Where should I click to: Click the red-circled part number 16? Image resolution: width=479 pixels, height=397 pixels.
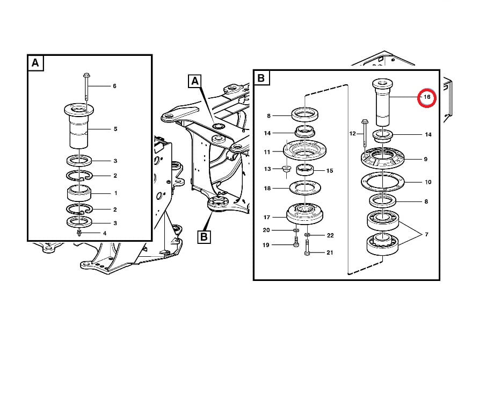coord(427,97)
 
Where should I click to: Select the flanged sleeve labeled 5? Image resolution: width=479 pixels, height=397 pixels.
coord(79,125)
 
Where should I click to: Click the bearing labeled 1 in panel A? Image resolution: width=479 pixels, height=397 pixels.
coord(79,193)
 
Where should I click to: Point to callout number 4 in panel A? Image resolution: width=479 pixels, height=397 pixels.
coord(105,233)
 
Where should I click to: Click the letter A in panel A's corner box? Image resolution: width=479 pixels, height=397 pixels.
coord(35,63)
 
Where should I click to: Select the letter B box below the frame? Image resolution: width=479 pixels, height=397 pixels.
coord(204,237)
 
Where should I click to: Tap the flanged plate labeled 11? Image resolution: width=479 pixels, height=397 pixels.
coord(304,150)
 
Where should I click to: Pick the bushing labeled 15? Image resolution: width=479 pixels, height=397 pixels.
coord(305,170)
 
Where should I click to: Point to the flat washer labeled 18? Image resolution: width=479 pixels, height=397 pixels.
coord(305,188)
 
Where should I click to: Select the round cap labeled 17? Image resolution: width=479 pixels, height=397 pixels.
coord(305,214)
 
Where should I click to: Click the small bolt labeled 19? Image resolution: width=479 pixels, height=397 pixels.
coord(296,241)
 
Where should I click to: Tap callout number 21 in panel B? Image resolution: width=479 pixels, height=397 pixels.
coord(330,252)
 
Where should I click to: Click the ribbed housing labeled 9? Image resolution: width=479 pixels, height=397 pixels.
coord(383,158)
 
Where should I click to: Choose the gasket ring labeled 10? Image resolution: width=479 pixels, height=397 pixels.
coord(383,182)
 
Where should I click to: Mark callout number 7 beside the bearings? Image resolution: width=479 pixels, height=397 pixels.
coord(426,234)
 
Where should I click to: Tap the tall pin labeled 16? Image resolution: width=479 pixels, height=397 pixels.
coord(382,103)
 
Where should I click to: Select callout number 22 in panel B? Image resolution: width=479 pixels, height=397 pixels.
coord(330,235)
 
